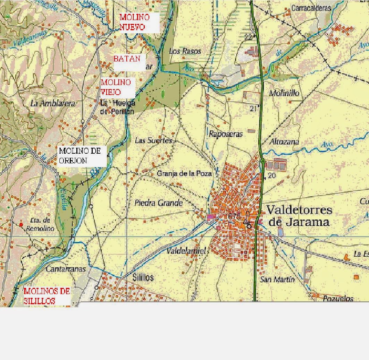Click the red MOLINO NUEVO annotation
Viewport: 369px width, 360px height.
(x=134, y=22)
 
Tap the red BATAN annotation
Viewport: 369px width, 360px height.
(x=127, y=59)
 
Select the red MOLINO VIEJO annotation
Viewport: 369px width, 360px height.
(x=116, y=87)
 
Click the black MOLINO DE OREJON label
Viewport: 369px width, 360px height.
(x=80, y=156)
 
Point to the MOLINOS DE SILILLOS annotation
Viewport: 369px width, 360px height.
(x=47, y=296)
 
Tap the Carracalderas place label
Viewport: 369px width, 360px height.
(x=311, y=8)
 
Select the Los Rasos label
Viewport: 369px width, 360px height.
(x=185, y=51)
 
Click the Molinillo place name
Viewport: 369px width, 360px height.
(x=284, y=93)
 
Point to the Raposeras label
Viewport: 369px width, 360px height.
(x=226, y=134)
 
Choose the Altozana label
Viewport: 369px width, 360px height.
(x=284, y=142)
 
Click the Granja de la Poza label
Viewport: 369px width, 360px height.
(x=184, y=173)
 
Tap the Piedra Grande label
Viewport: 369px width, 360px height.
(x=158, y=203)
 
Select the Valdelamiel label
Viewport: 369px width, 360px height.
(x=186, y=251)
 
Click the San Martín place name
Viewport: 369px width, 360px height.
(x=277, y=280)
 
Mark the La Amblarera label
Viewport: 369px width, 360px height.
(x=53, y=103)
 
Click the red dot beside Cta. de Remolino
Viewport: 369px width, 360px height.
(x=21, y=225)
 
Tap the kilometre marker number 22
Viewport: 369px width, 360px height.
(x=248, y=37)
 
